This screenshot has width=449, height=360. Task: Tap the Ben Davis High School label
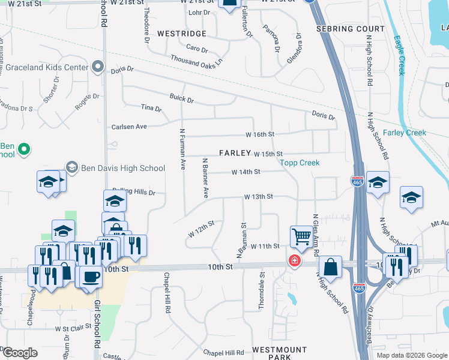pos(114,168)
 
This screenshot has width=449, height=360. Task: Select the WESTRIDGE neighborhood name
pos(182,34)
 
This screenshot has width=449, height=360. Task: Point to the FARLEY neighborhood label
pos(234,153)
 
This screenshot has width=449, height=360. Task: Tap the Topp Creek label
pos(300,163)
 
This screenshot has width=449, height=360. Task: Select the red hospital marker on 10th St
pos(294,260)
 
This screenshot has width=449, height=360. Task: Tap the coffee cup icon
pos(91,277)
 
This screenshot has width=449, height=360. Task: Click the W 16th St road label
pos(259,134)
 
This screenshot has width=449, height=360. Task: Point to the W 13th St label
pos(258,197)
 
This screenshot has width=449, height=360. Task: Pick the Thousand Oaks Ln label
pos(196,60)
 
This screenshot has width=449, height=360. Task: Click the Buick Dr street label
pos(182,100)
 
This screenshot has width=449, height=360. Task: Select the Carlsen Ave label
pos(129,127)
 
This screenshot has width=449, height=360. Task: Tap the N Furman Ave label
pos(182,149)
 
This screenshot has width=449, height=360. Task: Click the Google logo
pos(19,353)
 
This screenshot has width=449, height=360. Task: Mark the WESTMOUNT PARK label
pos(279,353)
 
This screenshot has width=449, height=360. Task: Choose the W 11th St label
pos(265,247)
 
